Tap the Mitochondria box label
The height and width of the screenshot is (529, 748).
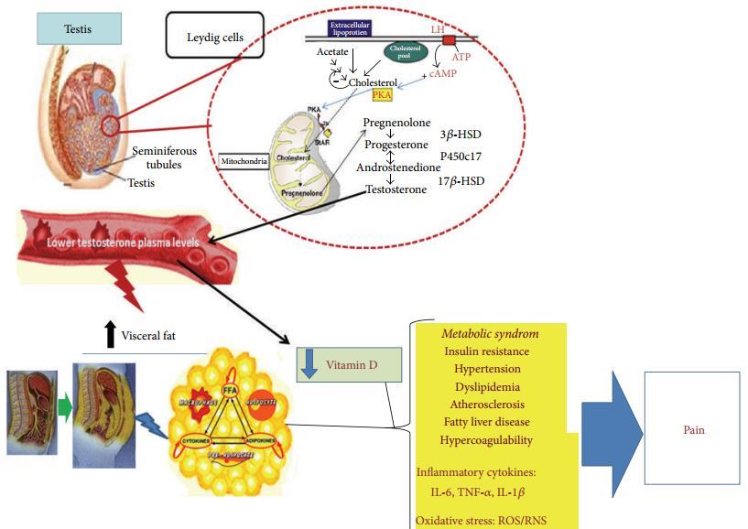tap(244, 164)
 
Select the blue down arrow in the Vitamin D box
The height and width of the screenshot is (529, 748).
tap(309, 362)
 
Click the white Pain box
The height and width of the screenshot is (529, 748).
tap(691, 427)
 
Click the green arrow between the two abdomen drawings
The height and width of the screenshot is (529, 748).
tap(64, 402)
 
